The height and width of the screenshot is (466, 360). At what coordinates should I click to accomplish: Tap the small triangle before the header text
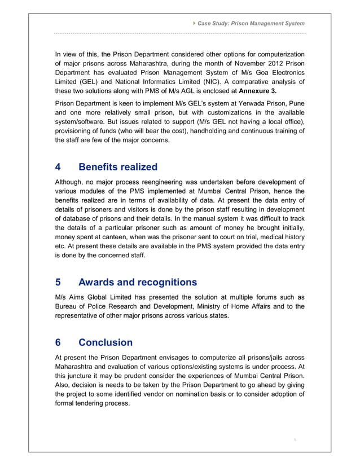194,23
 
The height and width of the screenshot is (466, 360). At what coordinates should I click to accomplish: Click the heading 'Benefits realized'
118,167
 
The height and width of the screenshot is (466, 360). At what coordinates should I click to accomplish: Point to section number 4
58,167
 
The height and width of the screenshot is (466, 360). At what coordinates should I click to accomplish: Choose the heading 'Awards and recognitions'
138,282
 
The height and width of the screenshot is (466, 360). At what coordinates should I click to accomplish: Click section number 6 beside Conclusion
58,342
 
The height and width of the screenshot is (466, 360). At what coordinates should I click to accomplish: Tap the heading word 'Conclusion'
106,342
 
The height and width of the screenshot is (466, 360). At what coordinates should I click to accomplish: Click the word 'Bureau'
67,307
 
